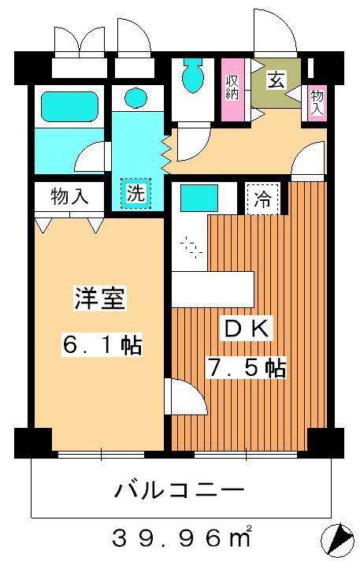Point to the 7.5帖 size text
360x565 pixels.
[246, 367]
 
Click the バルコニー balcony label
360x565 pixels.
[180, 491]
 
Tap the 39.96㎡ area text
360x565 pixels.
[180, 540]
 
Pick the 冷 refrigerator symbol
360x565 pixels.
[263, 199]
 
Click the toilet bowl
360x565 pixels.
[191, 77]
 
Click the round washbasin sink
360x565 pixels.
[135, 98]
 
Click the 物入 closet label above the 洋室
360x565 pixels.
[69, 195]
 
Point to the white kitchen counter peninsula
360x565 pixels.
[213, 288]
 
